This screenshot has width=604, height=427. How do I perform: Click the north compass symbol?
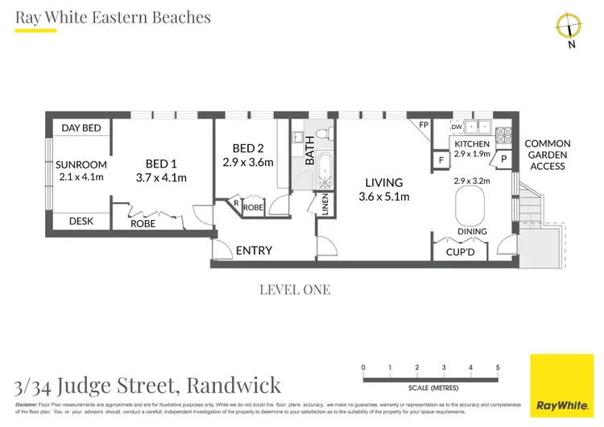(x=569, y=27)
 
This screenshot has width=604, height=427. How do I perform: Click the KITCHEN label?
(x=472, y=143)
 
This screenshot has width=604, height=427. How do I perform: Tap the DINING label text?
(x=472, y=232)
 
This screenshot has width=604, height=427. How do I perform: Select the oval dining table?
(x=472, y=210)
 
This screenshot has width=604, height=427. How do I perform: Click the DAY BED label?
(x=81, y=128)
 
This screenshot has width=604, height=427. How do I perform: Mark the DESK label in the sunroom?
(x=81, y=221)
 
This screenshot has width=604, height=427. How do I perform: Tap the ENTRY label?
(x=254, y=251)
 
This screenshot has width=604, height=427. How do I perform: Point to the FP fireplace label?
(x=424, y=125)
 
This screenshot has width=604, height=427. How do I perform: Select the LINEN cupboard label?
(x=325, y=205)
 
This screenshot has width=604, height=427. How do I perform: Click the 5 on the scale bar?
(x=498, y=367)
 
